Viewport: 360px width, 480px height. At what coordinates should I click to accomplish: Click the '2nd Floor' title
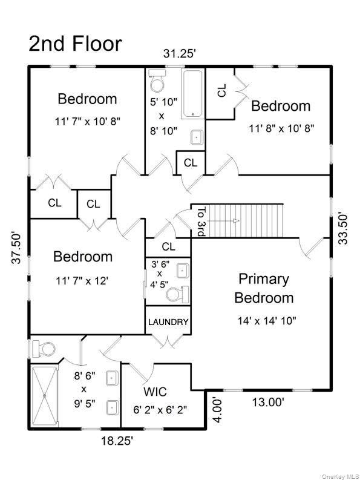point(75,44)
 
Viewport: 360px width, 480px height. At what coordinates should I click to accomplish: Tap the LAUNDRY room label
point(168,322)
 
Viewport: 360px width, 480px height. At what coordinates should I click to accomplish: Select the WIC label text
point(155,392)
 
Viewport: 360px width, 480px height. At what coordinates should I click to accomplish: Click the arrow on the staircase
point(223,221)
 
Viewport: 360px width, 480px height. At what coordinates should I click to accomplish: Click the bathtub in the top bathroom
point(193,94)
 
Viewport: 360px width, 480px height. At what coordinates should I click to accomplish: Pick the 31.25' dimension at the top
point(179,54)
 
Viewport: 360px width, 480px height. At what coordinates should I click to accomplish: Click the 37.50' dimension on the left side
point(17,248)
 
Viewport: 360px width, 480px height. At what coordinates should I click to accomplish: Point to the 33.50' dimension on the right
point(344,229)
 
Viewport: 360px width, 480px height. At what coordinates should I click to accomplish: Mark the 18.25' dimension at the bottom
point(117,441)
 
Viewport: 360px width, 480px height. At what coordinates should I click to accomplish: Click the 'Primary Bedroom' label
point(264,288)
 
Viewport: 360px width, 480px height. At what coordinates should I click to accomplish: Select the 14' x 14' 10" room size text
point(267,321)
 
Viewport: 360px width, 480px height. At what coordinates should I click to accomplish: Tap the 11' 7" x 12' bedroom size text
point(82,280)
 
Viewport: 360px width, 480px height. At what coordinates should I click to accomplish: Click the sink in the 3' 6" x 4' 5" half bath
point(183,271)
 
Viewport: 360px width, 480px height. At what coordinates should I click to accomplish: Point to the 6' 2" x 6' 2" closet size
point(160,410)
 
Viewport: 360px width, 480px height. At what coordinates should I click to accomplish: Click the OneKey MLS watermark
point(341,476)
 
